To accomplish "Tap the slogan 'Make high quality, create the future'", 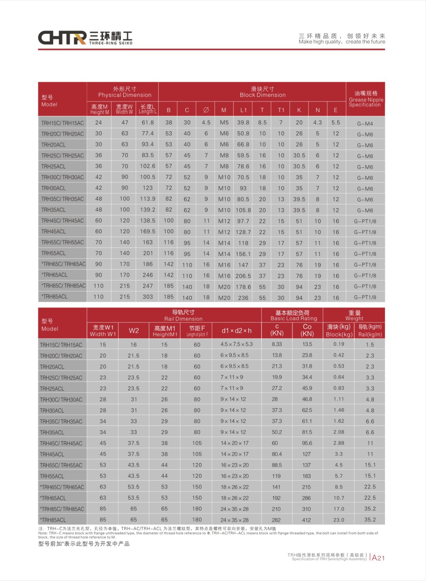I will click(342, 42).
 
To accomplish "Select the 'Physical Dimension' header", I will click(124, 95).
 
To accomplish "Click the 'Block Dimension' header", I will click(262, 95).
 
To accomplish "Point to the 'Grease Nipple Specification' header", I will click(366, 102).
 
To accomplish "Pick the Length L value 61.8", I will click(148, 123).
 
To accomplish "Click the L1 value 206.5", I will click(243, 276).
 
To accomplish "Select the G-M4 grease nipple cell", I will click(365, 124).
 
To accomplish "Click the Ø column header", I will click(206, 110).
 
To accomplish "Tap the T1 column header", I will click(281, 110).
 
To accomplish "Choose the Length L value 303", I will click(148, 297).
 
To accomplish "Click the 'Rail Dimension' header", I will click(183, 319).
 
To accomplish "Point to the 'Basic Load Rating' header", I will click(294, 318).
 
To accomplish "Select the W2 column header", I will click(134, 330).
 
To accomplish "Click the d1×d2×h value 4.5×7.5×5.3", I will click(236, 344).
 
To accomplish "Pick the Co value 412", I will click(307, 520).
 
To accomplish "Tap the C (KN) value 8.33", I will click(277, 344).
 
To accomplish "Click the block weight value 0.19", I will click(339, 344).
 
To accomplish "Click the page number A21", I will click(378, 558).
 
